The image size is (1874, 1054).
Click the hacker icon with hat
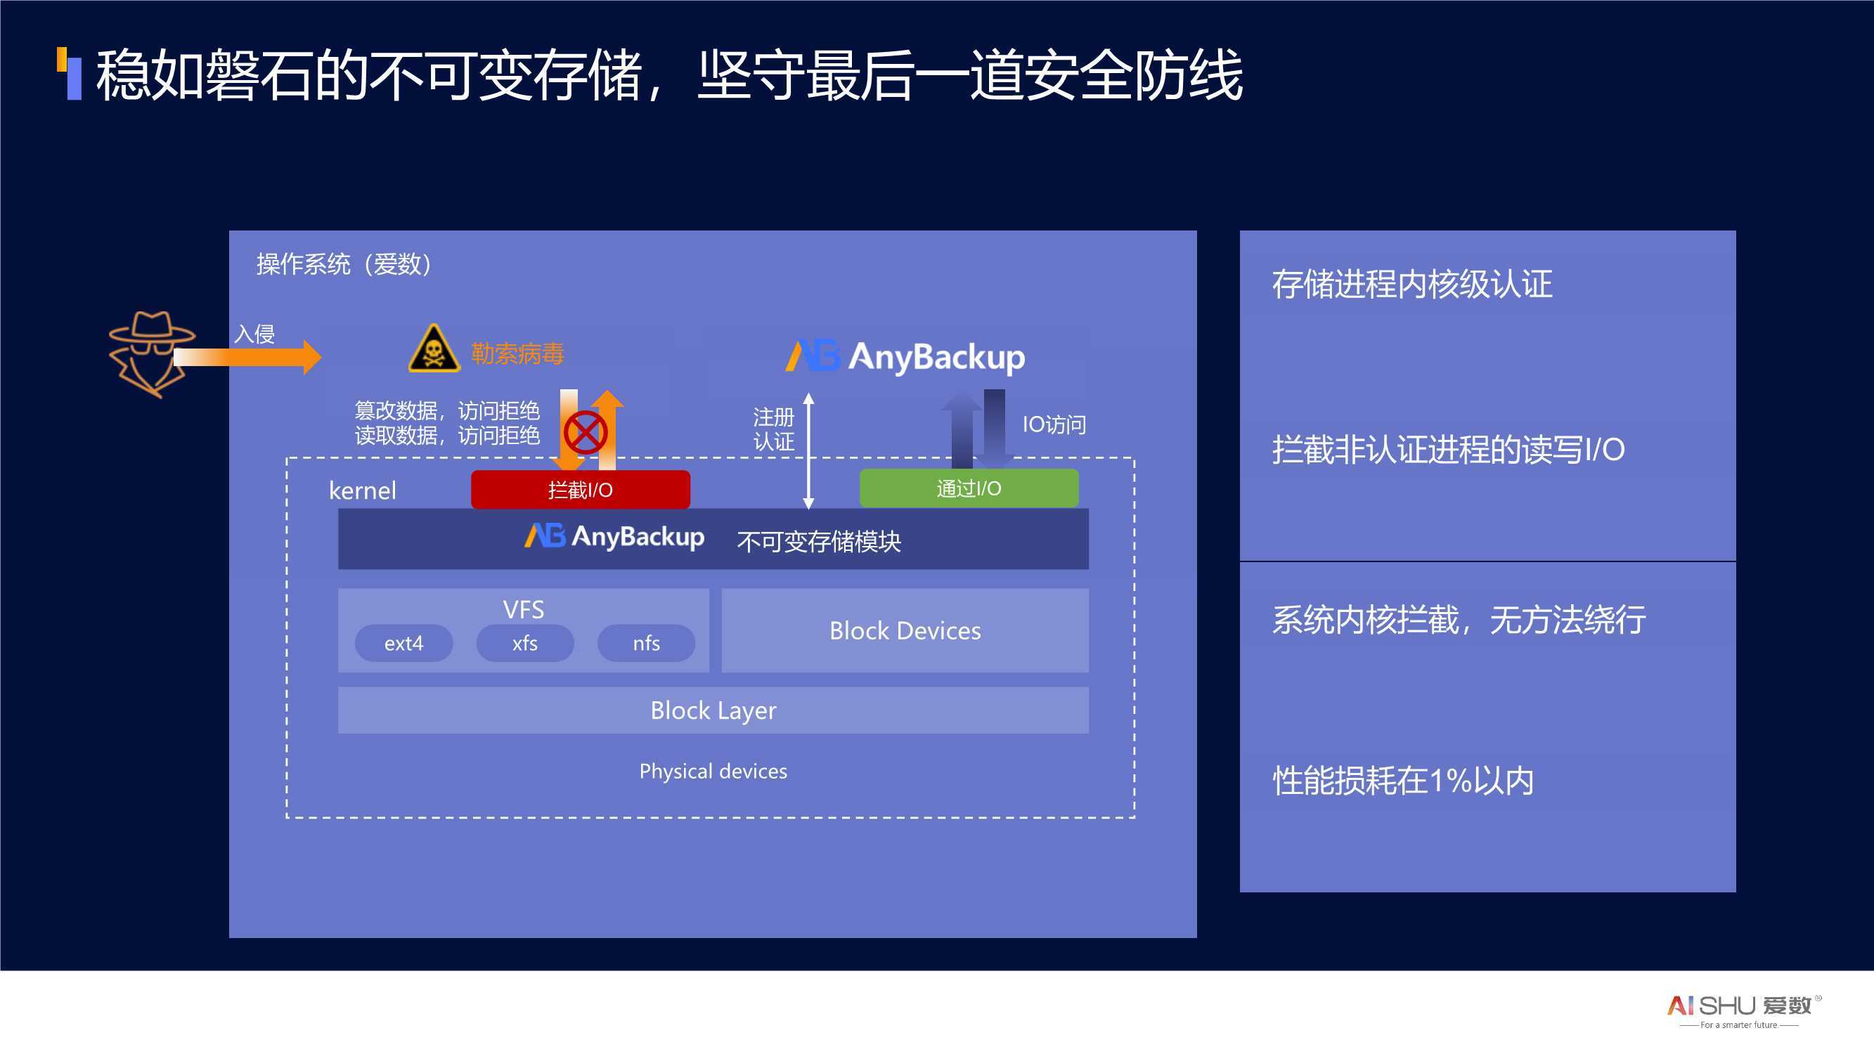[151, 354]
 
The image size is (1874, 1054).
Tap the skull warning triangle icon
[434, 349]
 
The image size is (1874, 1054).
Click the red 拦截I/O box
[581, 490]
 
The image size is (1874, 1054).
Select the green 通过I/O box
[969, 488]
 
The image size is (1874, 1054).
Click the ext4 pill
[403, 643]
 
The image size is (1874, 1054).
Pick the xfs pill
[524, 643]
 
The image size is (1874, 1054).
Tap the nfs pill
[646, 643]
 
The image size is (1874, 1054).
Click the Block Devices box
[905, 630]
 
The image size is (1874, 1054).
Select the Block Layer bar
[713, 710]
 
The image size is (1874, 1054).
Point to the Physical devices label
[713, 771]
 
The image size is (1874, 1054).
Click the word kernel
[362, 490]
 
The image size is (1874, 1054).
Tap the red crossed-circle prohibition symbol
[586, 432]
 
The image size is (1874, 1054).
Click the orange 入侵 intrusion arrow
[247, 356]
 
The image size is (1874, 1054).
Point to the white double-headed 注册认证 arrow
[808, 451]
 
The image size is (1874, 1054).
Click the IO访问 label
[1054, 424]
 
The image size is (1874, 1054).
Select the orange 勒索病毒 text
[517, 353]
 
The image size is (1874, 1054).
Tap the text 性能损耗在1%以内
[1403, 781]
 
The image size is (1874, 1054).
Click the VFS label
[524, 609]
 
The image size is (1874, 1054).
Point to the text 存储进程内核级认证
[1412, 284]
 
